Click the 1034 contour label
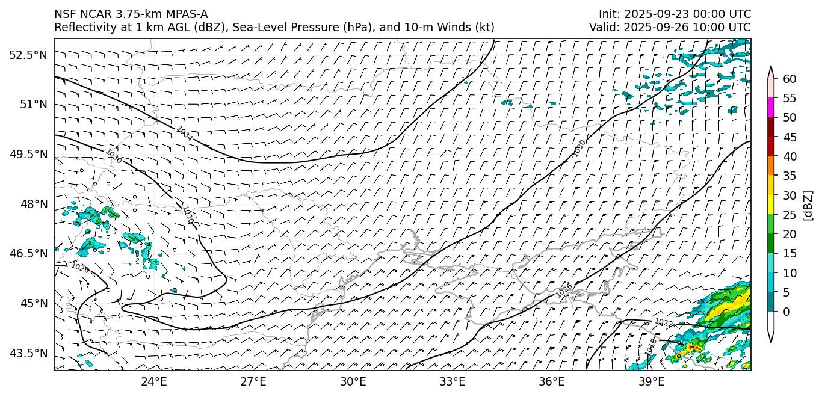click(x=185, y=134)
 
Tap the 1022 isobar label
click(x=663, y=323)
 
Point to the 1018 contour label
click(x=651, y=345)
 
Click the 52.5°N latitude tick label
click(x=28, y=55)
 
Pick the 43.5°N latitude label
click(x=28, y=353)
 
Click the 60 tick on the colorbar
click(x=790, y=79)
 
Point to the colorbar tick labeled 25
click(x=790, y=215)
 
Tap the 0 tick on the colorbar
click(x=786, y=312)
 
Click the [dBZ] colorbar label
click(x=808, y=206)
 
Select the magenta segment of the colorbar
click(x=771, y=108)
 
